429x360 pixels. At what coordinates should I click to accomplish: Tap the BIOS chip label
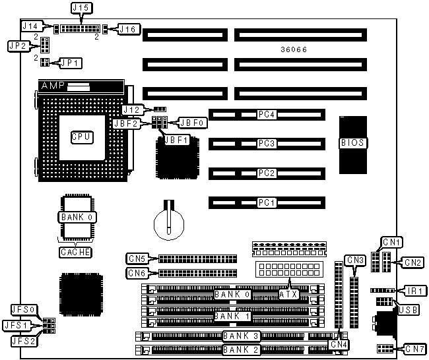click(353, 142)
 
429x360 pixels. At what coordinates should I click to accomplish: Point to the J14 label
click(32, 27)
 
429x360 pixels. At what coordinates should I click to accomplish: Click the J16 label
click(127, 28)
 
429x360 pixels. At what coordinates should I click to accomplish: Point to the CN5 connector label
click(137, 258)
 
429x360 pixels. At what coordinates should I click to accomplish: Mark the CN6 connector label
click(137, 272)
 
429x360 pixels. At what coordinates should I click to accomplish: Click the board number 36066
click(292, 50)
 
